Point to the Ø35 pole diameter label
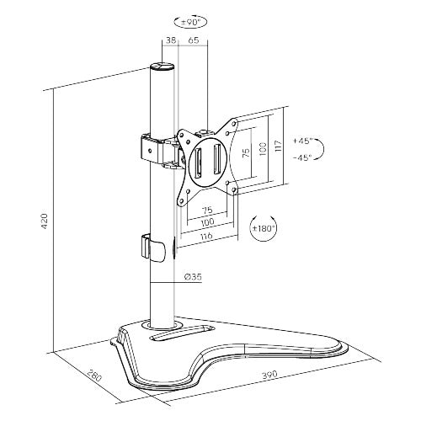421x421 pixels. point(192,275)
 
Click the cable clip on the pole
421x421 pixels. point(152,247)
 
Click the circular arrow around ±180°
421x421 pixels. point(262,227)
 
